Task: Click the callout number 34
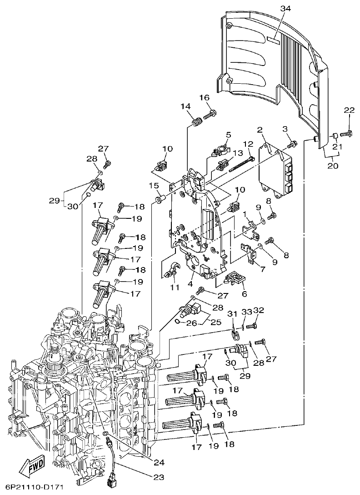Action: click(285, 9)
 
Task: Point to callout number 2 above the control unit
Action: click(260, 131)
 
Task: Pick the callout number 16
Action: click(204, 98)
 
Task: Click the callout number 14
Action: click(185, 106)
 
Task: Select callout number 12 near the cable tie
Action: click(248, 144)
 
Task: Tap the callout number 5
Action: click(228, 135)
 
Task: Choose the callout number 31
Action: click(232, 313)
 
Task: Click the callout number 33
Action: click(247, 312)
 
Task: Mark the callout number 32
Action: click(259, 310)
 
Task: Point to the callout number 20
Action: click(333, 166)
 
